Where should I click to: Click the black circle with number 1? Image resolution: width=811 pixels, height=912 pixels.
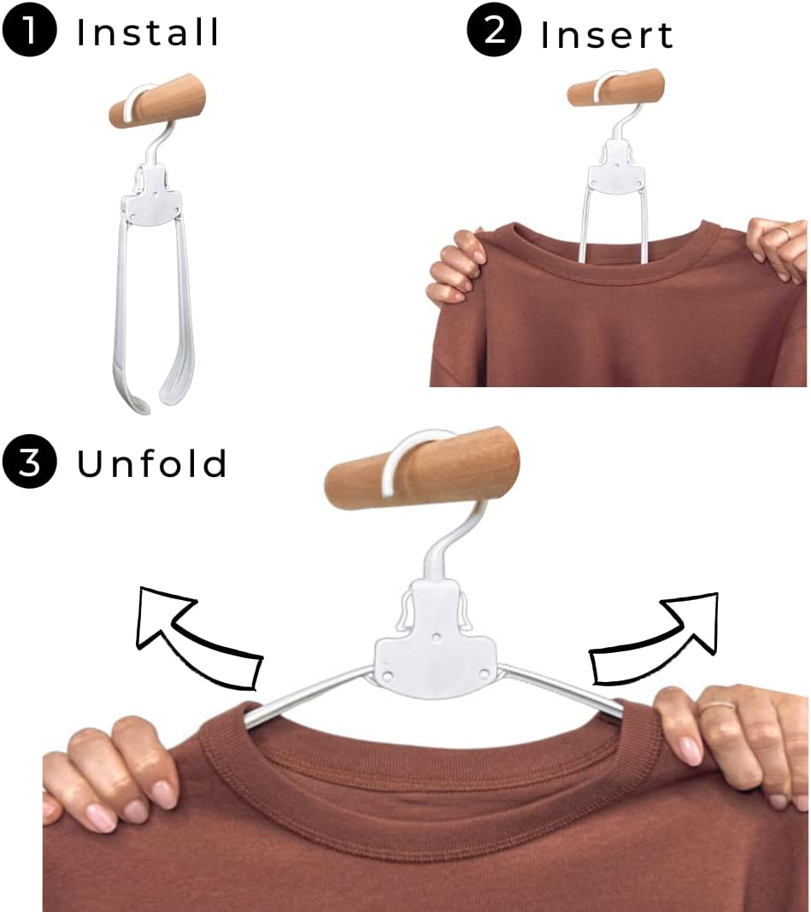(x=30, y=29)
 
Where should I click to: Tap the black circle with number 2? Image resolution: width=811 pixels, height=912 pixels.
(x=494, y=29)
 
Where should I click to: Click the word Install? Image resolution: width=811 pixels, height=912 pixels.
(x=148, y=32)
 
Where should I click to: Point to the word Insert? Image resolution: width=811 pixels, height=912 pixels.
(x=607, y=35)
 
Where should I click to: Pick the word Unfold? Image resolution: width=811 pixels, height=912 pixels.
(x=152, y=463)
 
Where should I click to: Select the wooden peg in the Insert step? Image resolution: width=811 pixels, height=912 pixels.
(x=615, y=87)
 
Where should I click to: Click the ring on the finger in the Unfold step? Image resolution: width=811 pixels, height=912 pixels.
(x=717, y=707)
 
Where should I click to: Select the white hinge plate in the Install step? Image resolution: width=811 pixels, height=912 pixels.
(x=152, y=195)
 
